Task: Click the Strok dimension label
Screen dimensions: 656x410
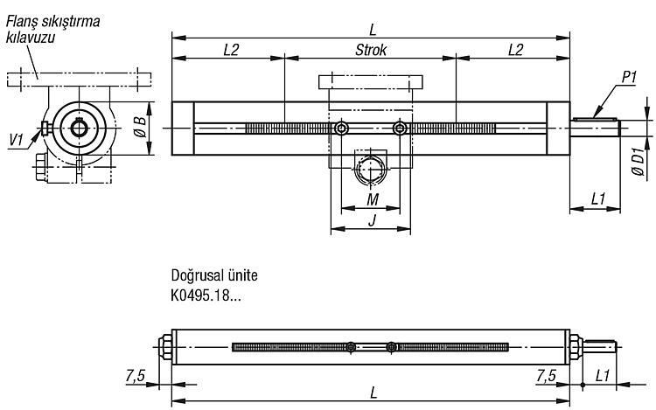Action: coord(371,50)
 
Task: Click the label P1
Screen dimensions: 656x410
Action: coord(629,77)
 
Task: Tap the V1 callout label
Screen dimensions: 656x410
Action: coord(17,141)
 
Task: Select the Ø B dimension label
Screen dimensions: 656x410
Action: coord(140,127)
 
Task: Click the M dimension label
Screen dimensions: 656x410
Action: coord(372,199)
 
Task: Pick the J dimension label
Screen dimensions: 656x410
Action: coord(372,219)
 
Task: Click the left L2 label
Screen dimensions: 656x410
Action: coord(231,50)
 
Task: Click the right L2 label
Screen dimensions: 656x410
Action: coord(515,50)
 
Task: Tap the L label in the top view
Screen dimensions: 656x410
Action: coord(373,30)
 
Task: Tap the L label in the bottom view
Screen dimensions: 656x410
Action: coord(373,393)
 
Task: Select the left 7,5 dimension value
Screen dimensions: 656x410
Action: coord(135,376)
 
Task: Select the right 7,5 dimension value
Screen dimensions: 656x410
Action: coord(547,376)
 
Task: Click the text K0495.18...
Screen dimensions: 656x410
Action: coord(200,295)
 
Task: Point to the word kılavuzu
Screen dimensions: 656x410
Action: coord(31,38)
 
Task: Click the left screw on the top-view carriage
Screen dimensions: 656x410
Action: coord(342,129)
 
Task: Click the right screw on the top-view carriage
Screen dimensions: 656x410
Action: coord(400,129)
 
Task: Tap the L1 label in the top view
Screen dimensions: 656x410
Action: coord(598,199)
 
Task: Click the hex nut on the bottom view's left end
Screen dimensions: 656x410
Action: coord(165,347)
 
